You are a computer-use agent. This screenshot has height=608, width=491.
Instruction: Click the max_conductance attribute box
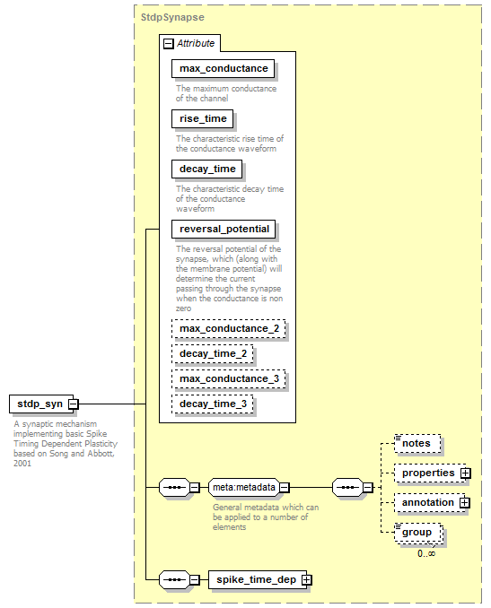[224, 69]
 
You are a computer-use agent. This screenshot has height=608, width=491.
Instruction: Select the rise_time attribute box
[203, 118]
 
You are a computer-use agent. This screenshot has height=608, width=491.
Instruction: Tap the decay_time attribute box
[207, 169]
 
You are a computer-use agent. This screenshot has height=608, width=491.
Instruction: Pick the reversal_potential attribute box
[224, 230]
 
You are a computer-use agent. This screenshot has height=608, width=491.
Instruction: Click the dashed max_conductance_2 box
[229, 329]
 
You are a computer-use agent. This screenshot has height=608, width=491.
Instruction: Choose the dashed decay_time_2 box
[213, 354]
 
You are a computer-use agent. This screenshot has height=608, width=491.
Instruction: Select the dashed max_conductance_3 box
[229, 378]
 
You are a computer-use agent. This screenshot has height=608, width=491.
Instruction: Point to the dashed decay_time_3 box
[213, 404]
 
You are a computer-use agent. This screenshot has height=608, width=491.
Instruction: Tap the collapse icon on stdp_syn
[74, 404]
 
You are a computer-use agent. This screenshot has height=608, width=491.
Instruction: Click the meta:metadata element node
[244, 488]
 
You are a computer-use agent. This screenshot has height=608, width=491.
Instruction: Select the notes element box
[417, 444]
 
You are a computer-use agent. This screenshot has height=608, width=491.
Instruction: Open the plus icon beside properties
[465, 473]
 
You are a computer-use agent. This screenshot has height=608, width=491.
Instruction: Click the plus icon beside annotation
[465, 503]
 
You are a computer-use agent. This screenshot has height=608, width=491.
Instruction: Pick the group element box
[418, 533]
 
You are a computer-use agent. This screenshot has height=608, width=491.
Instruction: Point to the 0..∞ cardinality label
[426, 553]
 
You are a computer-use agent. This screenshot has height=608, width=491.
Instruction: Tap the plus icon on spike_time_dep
[307, 579]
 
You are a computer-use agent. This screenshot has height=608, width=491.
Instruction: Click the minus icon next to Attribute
[168, 43]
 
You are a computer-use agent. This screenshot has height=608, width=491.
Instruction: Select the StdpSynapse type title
[172, 17]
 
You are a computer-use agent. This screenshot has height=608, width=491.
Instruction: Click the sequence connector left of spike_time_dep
[174, 579]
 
